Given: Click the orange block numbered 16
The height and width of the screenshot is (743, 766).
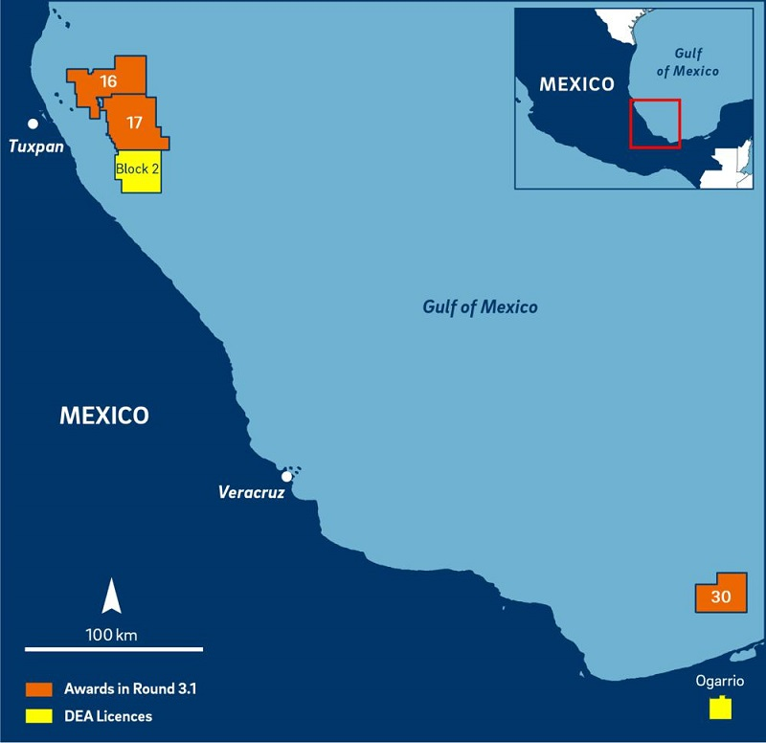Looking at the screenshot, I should (x=107, y=81).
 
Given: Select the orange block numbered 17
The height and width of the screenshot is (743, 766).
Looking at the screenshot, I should (x=135, y=123).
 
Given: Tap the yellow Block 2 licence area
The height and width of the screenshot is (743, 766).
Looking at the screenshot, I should (x=139, y=170).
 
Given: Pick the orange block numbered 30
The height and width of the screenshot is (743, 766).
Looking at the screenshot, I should (x=721, y=596).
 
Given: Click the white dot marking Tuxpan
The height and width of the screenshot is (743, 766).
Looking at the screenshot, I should (x=33, y=124).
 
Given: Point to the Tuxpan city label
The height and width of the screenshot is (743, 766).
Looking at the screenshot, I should (x=36, y=146).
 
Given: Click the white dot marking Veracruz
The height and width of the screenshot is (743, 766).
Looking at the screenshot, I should (x=286, y=476).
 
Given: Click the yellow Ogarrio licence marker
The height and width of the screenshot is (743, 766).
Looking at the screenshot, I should (x=720, y=709).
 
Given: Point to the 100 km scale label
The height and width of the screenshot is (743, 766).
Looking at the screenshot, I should (x=112, y=633).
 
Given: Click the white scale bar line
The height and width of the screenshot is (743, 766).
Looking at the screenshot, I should (x=113, y=649).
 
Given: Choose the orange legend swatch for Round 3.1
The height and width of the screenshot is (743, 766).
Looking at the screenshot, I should (x=39, y=688).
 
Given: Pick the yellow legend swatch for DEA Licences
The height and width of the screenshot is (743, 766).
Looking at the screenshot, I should (x=39, y=715).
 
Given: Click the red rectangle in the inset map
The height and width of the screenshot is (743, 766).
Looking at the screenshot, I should (x=655, y=124).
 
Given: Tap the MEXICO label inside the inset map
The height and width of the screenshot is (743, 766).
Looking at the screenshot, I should (x=576, y=84).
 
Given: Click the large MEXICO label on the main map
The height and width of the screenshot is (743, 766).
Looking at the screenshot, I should (x=104, y=416).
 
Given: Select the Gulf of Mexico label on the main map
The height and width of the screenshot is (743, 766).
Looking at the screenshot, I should (x=480, y=307).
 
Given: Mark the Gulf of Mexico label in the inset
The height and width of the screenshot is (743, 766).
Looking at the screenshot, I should (x=696, y=63).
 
